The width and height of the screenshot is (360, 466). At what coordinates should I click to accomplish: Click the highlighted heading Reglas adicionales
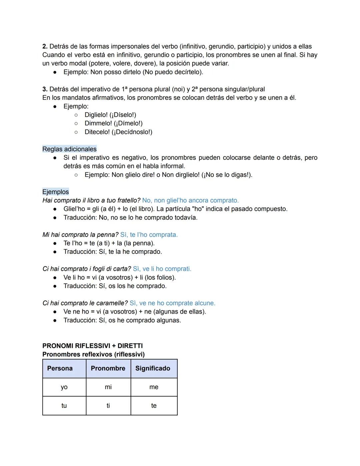[x=69, y=149]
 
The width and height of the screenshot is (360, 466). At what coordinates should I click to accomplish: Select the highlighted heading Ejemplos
[x=55, y=192]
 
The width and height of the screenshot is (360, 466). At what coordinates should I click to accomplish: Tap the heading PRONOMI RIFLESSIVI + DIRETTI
[x=92, y=346]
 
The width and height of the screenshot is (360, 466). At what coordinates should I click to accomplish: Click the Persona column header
[x=60, y=368]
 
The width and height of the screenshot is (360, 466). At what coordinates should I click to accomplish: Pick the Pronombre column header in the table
[x=108, y=368]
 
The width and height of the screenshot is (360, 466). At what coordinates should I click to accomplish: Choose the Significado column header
[x=153, y=368]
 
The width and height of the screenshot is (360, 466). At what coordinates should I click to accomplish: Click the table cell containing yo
[x=64, y=387]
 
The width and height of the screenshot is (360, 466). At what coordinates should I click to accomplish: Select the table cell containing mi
[x=108, y=387]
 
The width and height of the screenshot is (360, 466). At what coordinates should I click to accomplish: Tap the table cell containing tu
[x=64, y=406]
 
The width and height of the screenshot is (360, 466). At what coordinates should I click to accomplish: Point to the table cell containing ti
[x=108, y=406]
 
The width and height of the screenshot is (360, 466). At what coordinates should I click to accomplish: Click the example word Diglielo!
[x=96, y=115]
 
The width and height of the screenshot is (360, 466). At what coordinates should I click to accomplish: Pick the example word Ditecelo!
[x=97, y=132]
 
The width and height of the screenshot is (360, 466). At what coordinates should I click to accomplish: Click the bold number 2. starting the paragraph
[x=45, y=46]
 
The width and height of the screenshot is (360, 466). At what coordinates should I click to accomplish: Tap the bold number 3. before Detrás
[x=45, y=89]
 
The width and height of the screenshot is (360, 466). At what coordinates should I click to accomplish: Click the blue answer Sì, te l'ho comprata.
[x=149, y=235]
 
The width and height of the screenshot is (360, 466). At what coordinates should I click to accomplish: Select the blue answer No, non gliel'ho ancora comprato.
[x=190, y=200]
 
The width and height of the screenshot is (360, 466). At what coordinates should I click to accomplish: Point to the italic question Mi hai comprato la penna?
[x=80, y=235]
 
